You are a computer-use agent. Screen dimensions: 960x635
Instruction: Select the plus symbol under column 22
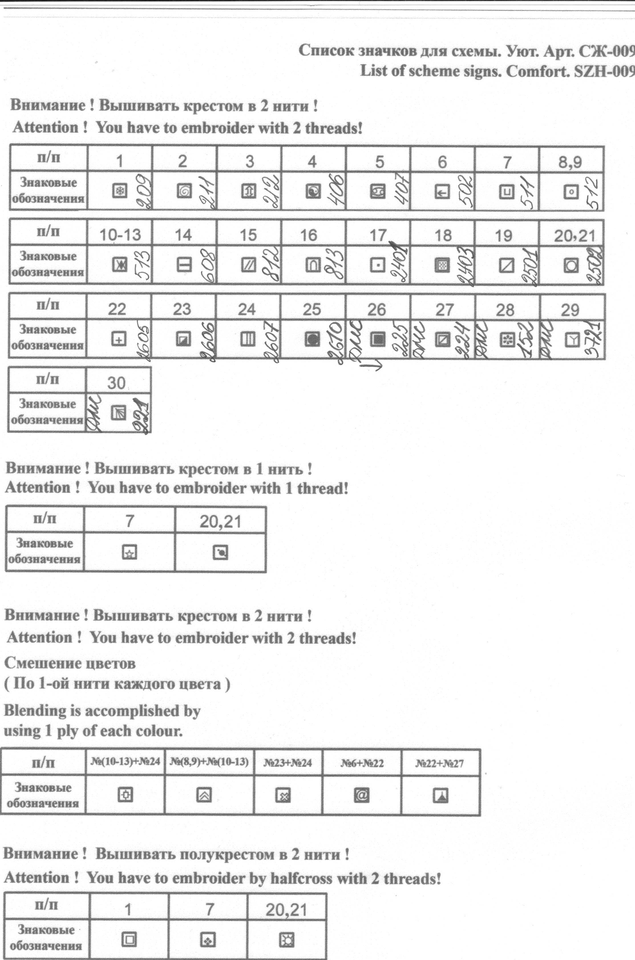(119, 339)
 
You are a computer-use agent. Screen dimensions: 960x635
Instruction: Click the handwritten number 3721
(592, 339)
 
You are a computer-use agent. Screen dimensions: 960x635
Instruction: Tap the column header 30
(116, 383)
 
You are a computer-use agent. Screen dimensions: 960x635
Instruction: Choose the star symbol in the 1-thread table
(130, 552)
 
